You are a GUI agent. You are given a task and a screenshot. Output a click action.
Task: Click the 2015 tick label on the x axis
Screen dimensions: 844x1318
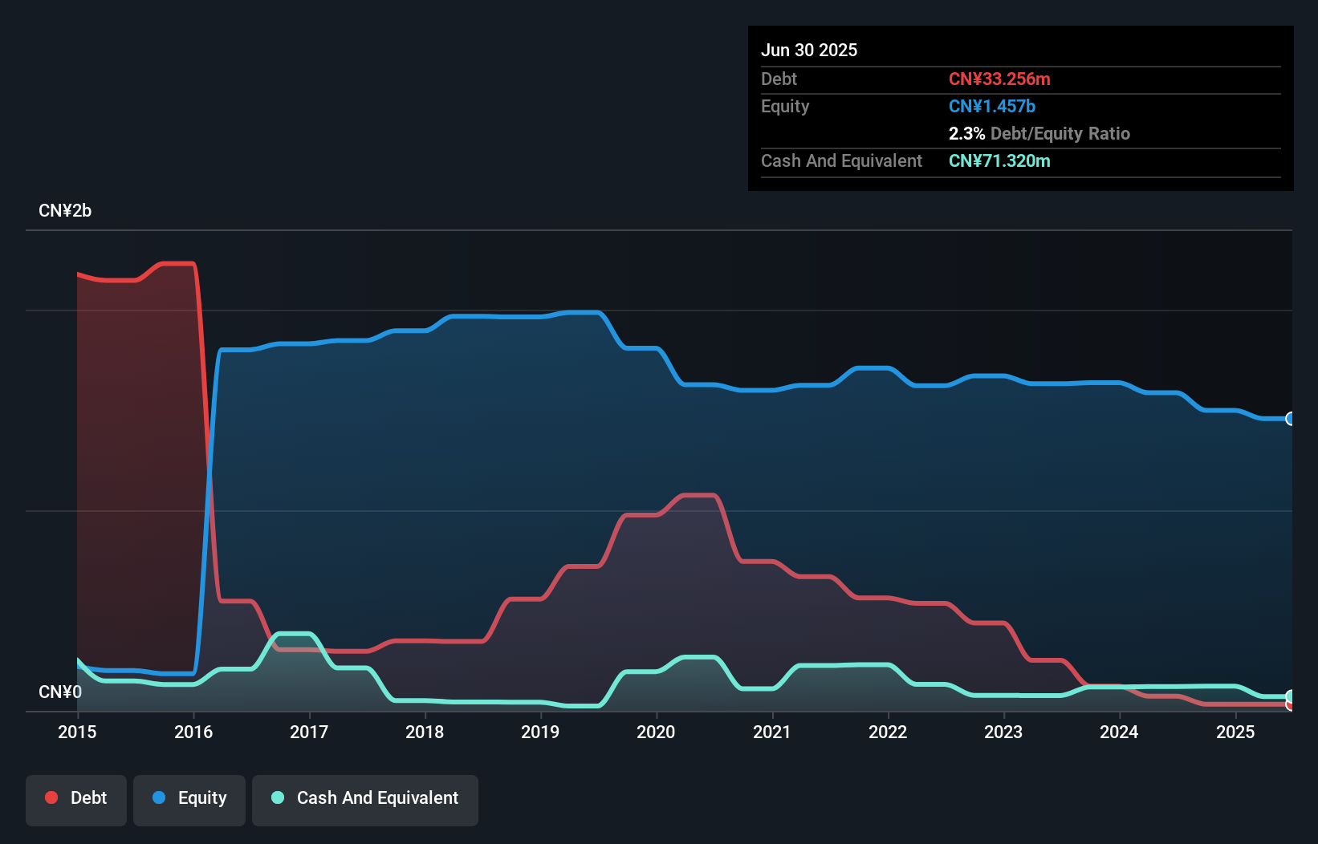click(x=77, y=732)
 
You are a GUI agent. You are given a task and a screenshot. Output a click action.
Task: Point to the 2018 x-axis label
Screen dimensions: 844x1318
click(x=425, y=732)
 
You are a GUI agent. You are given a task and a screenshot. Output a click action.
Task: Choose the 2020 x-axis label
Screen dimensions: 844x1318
click(x=656, y=732)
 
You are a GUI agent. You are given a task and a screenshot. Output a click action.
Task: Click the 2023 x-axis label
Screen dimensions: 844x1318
click(x=1003, y=732)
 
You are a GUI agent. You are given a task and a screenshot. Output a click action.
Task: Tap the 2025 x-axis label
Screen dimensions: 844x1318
click(x=1235, y=732)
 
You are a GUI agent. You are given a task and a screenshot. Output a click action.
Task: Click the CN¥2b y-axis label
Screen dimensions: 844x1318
click(x=65, y=211)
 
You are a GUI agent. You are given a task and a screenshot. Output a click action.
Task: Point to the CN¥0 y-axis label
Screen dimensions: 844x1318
click(x=60, y=692)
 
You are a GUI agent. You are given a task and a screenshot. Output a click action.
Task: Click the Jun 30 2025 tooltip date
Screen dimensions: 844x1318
click(x=809, y=50)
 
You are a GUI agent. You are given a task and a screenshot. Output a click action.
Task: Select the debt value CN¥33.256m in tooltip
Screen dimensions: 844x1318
click(x=999, y=79)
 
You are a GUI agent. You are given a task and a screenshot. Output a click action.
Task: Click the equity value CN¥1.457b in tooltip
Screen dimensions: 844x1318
click(x=992, y=106)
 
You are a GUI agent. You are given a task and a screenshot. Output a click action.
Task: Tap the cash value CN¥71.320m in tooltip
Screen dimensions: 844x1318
click(x=999, y=160)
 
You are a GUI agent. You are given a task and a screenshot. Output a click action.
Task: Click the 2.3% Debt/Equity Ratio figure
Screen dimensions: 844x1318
click(x=1039, y=133)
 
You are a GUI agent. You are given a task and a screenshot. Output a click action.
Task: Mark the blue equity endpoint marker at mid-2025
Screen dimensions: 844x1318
click(x=1290, y=419)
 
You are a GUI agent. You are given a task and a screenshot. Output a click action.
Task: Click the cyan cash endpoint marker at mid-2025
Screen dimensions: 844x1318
click(x=1290, y=696)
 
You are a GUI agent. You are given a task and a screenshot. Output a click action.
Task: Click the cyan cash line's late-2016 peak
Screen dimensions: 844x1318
click(x=293, y=634)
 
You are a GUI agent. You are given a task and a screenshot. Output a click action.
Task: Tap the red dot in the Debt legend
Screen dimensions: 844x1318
click(x=51, y=797)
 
